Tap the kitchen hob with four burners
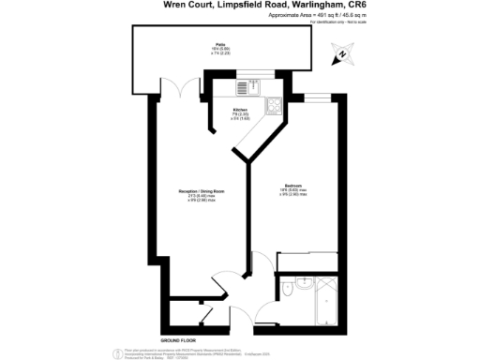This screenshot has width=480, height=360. pos(274,106)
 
